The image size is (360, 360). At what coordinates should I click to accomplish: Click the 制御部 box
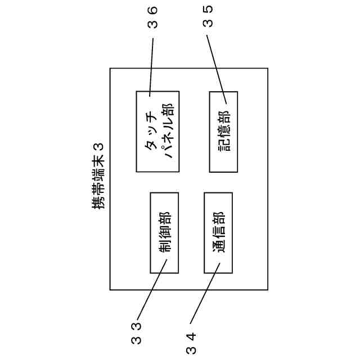coord(164,233)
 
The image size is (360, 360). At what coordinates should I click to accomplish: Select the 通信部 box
coord(218,233)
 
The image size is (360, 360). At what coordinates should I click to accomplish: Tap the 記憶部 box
coord(223,132)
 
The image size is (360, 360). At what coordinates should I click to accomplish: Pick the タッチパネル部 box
coord(157,132)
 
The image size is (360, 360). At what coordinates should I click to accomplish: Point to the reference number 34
coord(192,343)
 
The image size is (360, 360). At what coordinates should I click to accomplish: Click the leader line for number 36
coord(152,65)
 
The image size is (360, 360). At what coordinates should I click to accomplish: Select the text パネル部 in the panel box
coord(166,132)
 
